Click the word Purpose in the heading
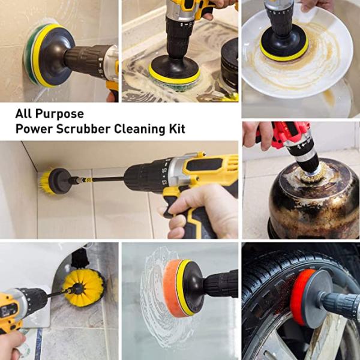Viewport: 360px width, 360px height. click(x=59, y=114)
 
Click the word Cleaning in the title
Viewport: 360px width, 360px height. click(x=140, y=130)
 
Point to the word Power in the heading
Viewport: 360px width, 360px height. click(x=34, y=129)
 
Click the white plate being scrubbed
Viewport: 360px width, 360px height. click(x=298, y=53)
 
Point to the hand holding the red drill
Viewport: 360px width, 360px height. click(x=257, y=136)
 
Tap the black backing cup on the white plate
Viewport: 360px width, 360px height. click(x=284, y=43)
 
